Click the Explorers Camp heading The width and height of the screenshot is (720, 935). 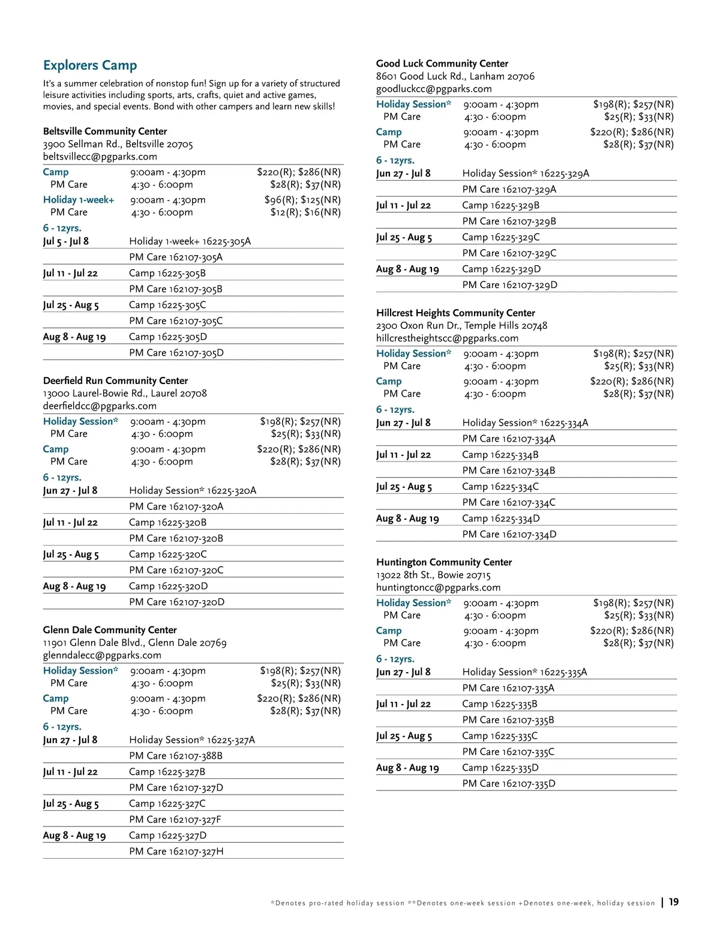[90, 65]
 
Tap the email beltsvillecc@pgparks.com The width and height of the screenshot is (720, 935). [100, 157]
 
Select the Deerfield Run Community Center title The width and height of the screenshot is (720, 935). [115, 380]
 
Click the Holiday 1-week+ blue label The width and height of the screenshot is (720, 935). [79, 200]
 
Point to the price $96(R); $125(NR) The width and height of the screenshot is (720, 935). [302, 200]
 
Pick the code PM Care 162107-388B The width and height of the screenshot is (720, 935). [176, 756]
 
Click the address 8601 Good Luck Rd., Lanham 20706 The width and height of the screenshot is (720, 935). [455, 76]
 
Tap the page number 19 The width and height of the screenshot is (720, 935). [674, 902]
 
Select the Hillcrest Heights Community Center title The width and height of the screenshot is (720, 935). [455, 313]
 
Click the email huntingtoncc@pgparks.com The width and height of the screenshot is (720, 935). [438, 588]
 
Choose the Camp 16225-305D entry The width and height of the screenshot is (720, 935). [168, 337]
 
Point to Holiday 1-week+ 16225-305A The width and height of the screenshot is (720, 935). [190, 241]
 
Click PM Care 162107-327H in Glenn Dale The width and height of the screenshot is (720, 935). [176, 851]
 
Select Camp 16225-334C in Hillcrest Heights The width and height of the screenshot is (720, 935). [500, 487]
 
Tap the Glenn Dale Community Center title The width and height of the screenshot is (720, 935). [110, 630]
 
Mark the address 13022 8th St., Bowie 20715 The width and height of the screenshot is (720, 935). [433, 575]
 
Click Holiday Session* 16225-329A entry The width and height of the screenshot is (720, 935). [526, 173]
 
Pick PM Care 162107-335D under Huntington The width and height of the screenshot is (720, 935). [509, 783]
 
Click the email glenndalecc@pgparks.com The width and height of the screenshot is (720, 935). [102, 655]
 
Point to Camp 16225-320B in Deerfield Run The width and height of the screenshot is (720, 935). [167, 522]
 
